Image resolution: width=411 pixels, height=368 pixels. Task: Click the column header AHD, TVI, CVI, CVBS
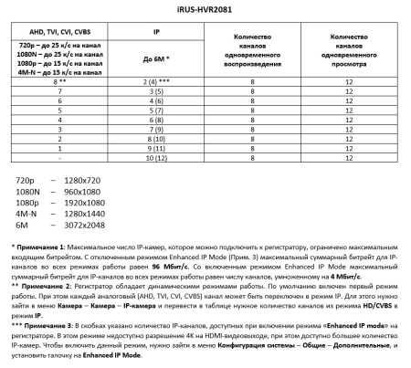[x=55, y=29]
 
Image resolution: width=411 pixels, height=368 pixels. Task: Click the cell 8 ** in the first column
[x=55, y=80]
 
